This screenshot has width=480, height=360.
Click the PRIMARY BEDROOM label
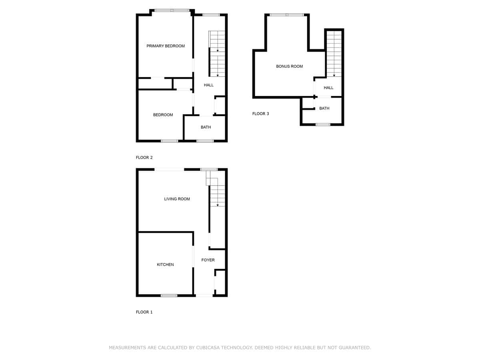(166, 46)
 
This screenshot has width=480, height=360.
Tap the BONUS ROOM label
(289, 66)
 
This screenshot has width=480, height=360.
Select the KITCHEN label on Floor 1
(165, 264)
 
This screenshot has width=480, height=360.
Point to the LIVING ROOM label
(177, 199)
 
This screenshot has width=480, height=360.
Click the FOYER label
(208, 260)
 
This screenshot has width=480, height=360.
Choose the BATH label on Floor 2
(206, 127)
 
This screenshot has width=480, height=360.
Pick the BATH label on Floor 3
(324, 108)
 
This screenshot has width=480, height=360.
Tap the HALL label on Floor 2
(209, 85)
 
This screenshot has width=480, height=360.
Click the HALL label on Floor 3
(328, 88)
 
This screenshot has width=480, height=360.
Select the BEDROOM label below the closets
(163, 115)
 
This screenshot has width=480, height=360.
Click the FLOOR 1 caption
(144, 312)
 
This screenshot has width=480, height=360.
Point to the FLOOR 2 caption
(144, 157)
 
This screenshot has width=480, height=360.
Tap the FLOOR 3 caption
(260, 114)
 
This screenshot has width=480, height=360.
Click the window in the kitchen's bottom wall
(169, 296)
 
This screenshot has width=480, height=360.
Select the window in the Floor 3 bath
(323, 124)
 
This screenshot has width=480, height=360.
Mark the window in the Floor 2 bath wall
(205, 141)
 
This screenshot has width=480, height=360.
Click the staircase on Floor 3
(334, 54)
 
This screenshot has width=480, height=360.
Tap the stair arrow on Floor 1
(218, 205)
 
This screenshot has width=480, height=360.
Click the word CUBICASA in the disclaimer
(208, 347)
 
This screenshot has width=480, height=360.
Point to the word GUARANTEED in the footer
(354, 347)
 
